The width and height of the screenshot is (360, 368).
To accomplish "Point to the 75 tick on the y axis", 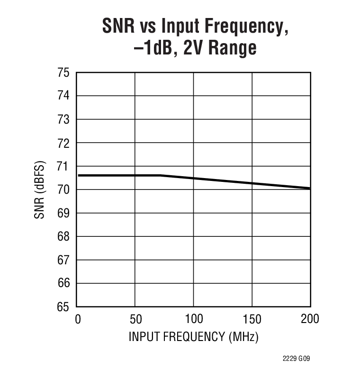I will [64, 73].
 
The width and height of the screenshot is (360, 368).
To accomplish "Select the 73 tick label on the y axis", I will [64, 120].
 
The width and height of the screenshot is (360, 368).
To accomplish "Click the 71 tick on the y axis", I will [64, 166].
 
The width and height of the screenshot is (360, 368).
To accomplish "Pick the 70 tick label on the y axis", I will [64, 190].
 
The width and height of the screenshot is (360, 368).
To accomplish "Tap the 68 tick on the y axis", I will [64, 236].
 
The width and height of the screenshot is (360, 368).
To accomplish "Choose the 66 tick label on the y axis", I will [64, 283].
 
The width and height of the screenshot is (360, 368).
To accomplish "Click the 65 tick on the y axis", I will [64, 307].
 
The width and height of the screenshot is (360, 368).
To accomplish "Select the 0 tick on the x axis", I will [78, 319].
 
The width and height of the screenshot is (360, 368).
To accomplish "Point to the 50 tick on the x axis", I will [135, 319].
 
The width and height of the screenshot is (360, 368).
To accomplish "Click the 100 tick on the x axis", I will [193, 319].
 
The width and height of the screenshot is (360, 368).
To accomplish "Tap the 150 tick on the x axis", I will [252, 319].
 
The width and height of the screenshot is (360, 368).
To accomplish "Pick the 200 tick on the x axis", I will [310, 319].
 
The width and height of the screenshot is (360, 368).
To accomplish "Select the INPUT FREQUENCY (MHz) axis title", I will [193, 337].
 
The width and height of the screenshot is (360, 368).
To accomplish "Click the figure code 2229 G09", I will [297, 359].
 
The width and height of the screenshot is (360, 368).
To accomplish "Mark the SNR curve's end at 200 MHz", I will [310, 188].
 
